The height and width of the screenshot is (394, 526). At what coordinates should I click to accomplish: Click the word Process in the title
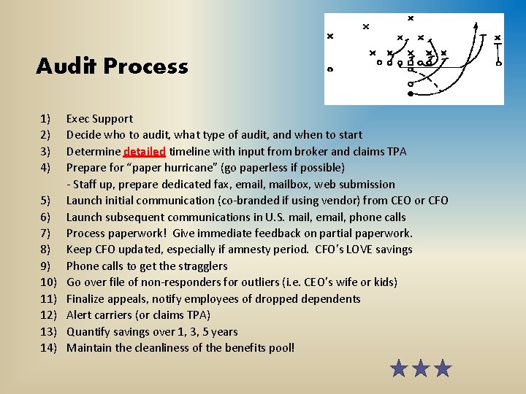tap(145, 66)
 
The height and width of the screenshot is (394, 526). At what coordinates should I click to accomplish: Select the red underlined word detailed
tap(145, 152)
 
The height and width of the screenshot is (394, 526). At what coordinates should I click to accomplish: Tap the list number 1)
tap(45, 118)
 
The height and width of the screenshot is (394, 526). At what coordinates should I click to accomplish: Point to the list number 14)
tap(48, 347)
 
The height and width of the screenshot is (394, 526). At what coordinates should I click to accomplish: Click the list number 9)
tap(45, 266)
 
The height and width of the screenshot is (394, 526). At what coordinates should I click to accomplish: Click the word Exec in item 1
tap(78, 118)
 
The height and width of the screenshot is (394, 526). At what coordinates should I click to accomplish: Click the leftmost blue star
tap(399, 368)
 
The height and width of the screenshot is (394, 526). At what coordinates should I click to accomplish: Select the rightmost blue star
tap(443, 368)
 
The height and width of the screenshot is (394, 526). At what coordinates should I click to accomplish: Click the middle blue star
tap(421, 368)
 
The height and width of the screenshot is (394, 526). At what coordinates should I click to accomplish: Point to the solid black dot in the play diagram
tap(411, 94)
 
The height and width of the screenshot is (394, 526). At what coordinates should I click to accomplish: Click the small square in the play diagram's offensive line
tap(411, 63)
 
